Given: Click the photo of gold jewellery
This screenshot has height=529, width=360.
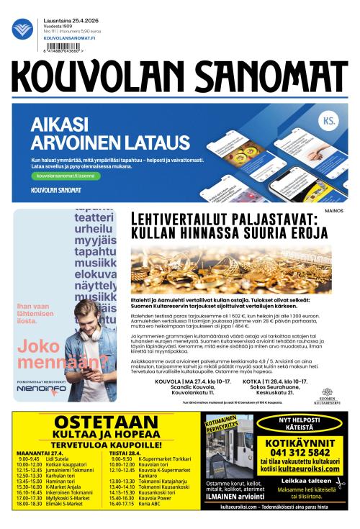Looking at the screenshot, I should (230, 266).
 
